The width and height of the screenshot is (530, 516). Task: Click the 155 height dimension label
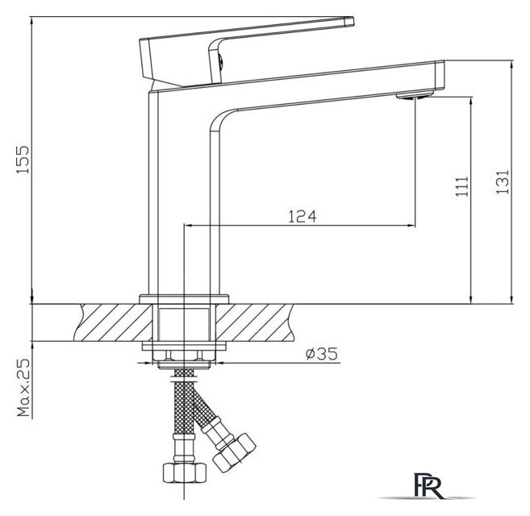pos(23,160)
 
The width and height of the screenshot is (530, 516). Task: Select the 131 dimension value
pos(503,181)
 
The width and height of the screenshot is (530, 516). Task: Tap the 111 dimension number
pos(461,186)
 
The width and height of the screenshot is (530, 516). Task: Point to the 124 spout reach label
pos(303,216)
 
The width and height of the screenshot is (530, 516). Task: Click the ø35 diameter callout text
pos(321,353)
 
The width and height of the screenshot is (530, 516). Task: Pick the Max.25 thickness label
pos(23,387)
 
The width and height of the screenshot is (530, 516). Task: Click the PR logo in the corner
pos(428,486)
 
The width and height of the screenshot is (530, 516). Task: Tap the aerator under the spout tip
pos(415,95)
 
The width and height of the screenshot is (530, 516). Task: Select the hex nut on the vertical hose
pos(184,472)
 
